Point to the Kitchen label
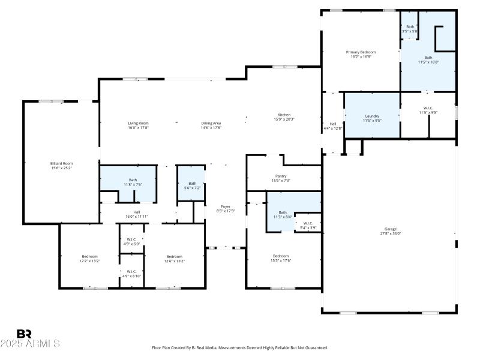[284, 115]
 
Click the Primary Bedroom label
[361, 52]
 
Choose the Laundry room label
[373, 116]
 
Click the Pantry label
[281, 176]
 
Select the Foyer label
[226, 206]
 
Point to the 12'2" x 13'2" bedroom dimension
[89, 261]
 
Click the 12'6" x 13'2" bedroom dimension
[174, 261]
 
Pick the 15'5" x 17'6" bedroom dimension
[281, 260]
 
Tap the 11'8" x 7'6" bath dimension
[133, 185]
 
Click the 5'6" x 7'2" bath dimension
[192, 188]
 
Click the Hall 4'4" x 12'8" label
[332, 125]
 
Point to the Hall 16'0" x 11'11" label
[137, 214]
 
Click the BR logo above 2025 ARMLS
[25, 334]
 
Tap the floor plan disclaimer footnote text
[240, 348]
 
